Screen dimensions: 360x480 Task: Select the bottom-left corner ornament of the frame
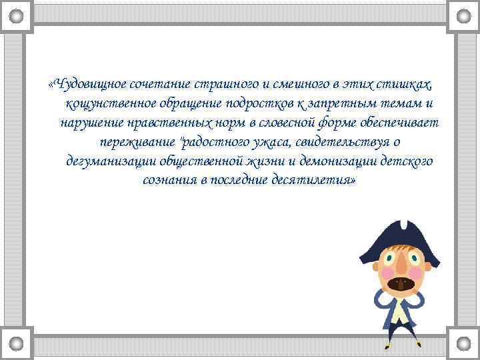click(x=16, y=343)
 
